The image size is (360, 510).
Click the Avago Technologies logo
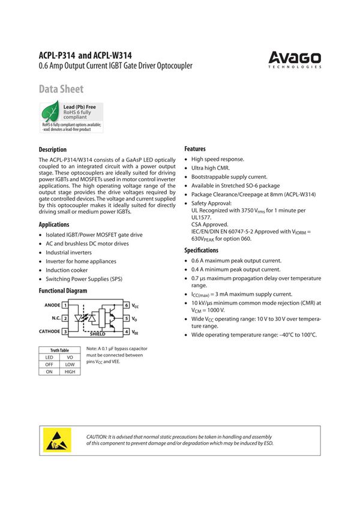click(295, 59)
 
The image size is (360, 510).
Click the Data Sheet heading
click(61, 89)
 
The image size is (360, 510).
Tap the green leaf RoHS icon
click(50, 112)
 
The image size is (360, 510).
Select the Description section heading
click(53, 149)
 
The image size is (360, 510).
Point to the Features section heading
click(194, 149)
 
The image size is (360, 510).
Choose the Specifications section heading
click(201, 250)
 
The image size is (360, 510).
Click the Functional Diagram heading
click(63, 291)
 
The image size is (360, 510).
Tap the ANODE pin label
click(52, 305)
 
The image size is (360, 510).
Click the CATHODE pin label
click(50, 331)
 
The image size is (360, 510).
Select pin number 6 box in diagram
click(127, 305)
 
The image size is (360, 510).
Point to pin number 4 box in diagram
click(127, 331)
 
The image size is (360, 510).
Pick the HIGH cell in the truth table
click(70, 372)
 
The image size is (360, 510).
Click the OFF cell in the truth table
click(49, 364)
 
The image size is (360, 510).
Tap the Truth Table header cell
click(59, 350)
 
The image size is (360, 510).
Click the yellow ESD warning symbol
click(58, 440)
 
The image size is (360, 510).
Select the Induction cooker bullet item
click(67, 270)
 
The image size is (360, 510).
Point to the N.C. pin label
click(56, 318)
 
